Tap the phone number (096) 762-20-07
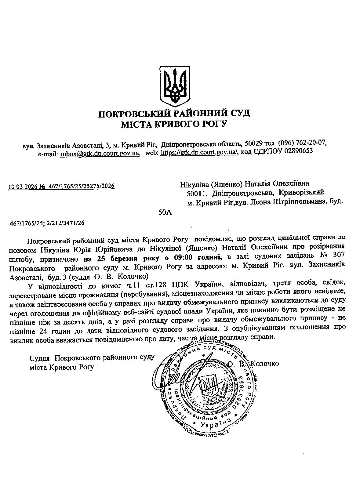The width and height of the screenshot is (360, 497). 302,143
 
